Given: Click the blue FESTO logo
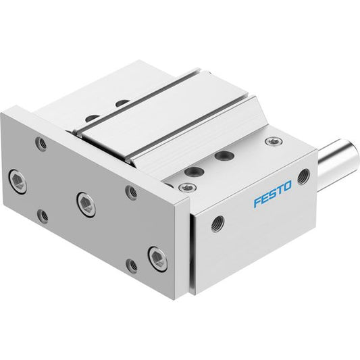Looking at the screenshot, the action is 272,194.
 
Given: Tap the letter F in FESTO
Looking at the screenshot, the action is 257,202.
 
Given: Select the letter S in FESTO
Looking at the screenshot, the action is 272,194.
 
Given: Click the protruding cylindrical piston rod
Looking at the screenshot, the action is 338,159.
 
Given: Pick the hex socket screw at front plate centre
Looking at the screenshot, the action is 86,205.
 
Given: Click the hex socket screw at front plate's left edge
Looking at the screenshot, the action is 18,182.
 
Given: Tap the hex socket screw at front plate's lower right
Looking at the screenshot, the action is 158,259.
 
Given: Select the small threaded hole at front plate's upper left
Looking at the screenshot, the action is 41,143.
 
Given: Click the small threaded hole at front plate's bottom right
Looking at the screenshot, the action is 132,265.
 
